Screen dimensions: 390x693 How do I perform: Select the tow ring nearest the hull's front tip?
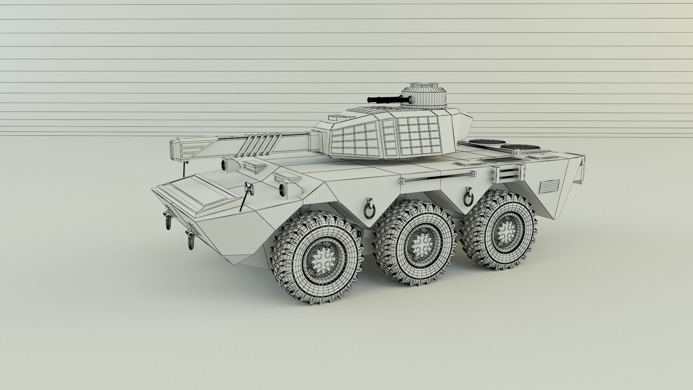pos(169,221)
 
